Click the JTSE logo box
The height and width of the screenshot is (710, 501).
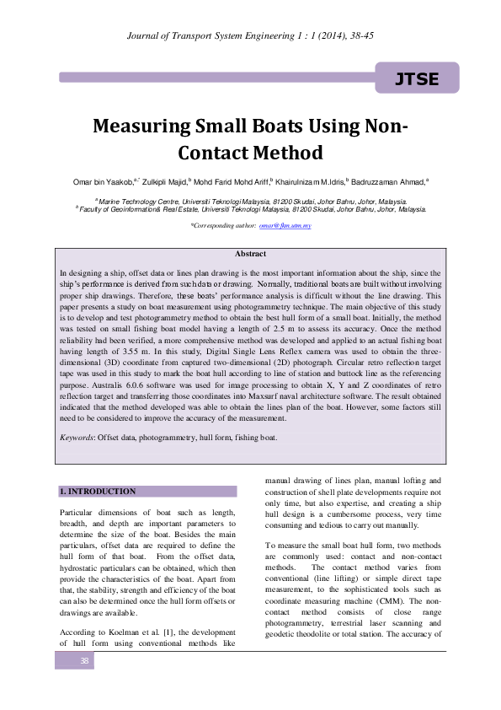(x=417, y=79)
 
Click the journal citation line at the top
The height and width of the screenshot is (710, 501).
(x=250, y=33)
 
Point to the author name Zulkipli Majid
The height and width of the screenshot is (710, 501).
(x=163, y=180)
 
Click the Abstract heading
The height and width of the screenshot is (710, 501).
(x=250, y=254)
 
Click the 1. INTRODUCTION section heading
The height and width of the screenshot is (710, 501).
(x=96, y=491)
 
